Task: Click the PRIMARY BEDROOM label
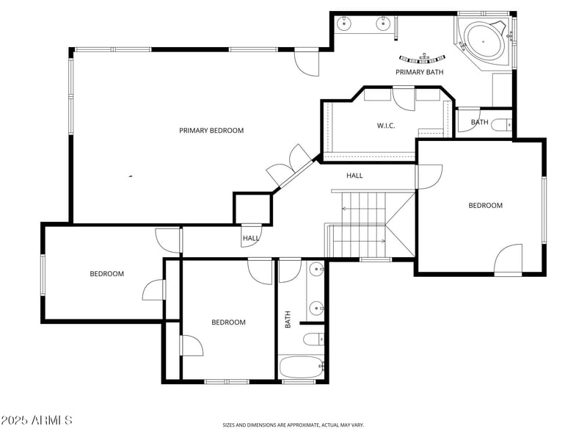[211, 131]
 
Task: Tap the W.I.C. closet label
[386, 126]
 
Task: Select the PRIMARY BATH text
[419, 72]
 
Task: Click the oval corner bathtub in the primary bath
[484, 40]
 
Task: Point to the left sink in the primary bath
[343, 24]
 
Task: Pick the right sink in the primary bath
[382, 24]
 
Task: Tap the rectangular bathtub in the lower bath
[302, 367]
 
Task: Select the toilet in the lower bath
[314, 340]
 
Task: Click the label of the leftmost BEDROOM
[106, 274]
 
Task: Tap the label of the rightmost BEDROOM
[486, 206]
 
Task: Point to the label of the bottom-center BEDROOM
[228, 322]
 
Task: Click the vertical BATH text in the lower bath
[288, 320]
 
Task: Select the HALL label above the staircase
[354, 176]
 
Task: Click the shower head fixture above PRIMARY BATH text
[423, 58]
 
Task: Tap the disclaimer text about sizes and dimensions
[293, 425]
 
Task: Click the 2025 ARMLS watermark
[36, 420]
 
